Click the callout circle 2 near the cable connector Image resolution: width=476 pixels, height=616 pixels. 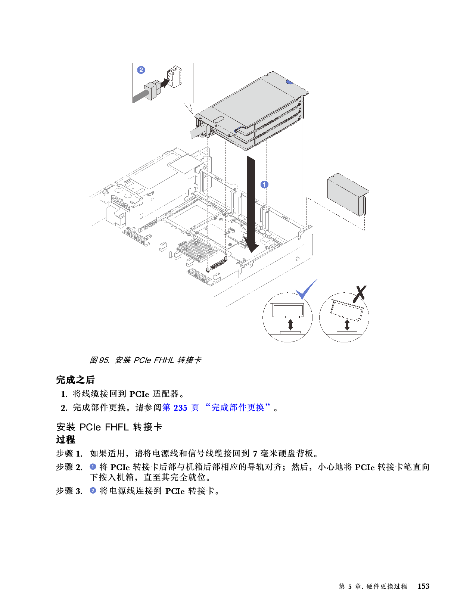click(x=141, y=70)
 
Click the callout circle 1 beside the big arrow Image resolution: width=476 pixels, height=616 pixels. click(x=264, y=184)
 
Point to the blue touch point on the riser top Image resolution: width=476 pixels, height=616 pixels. click(x=289, y=81)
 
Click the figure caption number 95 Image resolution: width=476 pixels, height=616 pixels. click(x=104, y=360)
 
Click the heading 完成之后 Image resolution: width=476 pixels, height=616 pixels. click(x=75, y=380)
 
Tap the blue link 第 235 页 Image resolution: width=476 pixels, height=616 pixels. click(x=181, y=408)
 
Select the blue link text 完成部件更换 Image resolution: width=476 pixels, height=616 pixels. click(x=237, y=408)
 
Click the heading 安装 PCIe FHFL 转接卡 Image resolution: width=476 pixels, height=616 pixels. click(x=109, y=427)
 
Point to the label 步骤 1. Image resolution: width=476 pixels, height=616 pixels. click(x=69, y=454)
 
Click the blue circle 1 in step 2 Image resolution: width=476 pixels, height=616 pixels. click(x=93, y=467)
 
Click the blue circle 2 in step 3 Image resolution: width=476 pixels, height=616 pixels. click(x=93, y=491)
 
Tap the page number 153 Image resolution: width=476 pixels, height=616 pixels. click(x=423, y=587)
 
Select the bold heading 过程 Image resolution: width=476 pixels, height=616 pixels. click(x=66, y=439)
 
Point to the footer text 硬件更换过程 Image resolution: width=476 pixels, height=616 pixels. click(x=386, y=587)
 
